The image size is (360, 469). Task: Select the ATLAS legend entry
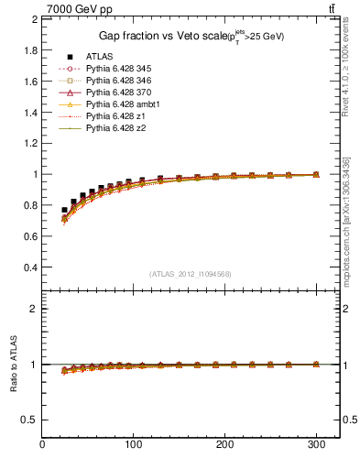point(99,57)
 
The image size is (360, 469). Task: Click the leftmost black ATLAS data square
point(64,210)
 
